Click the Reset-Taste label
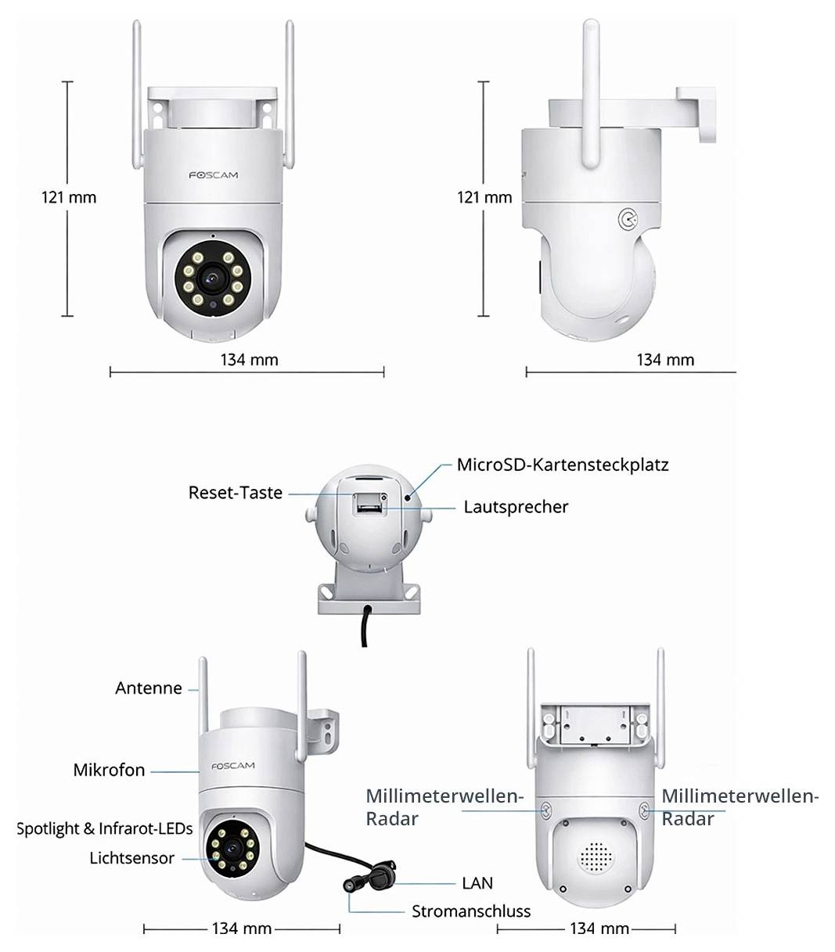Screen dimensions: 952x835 point(235,493)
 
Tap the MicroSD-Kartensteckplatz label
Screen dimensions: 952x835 point(563,465)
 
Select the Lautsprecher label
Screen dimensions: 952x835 point(516,507)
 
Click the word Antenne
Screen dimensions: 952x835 point(148,688)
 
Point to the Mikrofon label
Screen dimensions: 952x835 point(109,770)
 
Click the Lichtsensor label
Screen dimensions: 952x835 point(131,858)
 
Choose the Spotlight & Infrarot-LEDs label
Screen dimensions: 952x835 point(104,828)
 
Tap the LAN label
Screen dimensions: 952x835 point(477,883)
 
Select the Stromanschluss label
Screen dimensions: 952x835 point(471,911)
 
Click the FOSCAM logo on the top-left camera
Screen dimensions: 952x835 point(213,175)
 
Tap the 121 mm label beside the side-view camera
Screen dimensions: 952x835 point(484,197)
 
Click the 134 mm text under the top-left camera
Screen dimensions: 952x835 point(249,360)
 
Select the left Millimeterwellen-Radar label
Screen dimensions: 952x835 point(444,807)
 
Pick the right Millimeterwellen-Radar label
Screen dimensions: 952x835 point(740,807)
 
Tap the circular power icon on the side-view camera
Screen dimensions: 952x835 point(627,221)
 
